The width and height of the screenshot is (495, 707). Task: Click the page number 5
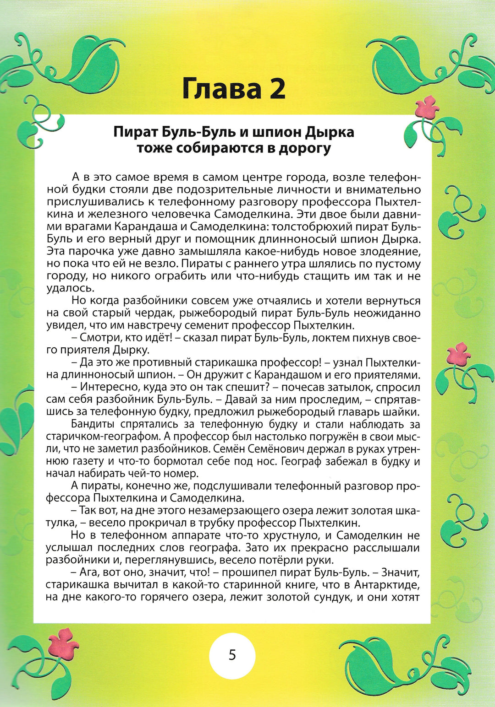click(x=232, y=655)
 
